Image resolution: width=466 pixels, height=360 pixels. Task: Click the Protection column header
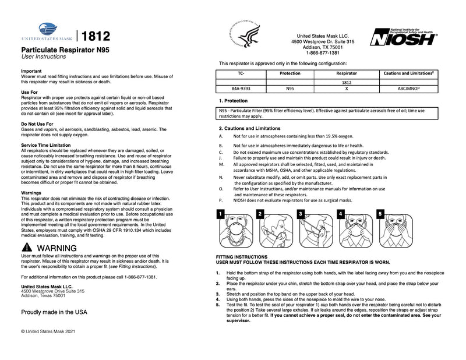290,74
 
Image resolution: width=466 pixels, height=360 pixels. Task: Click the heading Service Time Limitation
45,144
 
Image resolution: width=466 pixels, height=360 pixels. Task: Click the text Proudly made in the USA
54,312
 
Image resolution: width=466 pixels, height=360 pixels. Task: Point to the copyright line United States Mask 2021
48,331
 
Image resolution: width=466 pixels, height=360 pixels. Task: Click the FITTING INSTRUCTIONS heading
242,257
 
